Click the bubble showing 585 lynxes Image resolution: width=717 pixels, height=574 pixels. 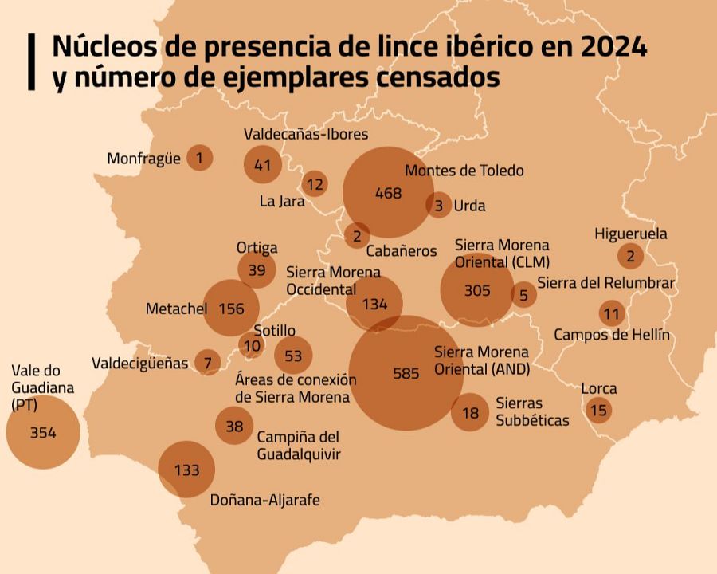pyautogui.click(x=406, y=372)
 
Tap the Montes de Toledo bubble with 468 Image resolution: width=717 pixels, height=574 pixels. pyautogui.click(x=388, y=193)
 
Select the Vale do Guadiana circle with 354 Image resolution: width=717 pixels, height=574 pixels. pyautogui.click(x=43, y=433)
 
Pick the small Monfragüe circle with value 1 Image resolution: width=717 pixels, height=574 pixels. pyautogui.click(x=199, y=158)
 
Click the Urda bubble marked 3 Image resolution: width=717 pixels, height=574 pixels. pyautogui.click(x=438, y=206)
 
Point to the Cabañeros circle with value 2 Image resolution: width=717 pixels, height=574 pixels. pyautogui.click(x=357, y=235)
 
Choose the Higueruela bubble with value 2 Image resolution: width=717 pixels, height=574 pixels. pyautogui.click(x=630, y=256)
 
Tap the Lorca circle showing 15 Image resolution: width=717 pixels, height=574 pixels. pyautogui.click(x=599, y=411)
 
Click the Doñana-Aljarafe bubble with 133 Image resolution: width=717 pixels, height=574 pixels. pyautogui.click(x=186, y=470)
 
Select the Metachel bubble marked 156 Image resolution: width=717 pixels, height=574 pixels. pyautogui.click(x=231, y=309)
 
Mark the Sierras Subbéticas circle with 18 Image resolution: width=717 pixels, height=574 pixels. pyautogui.click(x=470, y=412)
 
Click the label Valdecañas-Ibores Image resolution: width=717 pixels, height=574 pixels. pyautogui.click(x=306, y=134)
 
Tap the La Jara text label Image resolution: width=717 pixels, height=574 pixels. pyautogui.click(x=282, y=202)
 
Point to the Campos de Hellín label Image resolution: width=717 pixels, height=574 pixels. pyautogui.click(x=612, y=335)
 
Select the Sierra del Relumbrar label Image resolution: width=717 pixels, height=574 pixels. pyautogui.click(x=605, y=283)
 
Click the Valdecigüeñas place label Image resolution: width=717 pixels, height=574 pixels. pyautogui.click(x=140, y=364)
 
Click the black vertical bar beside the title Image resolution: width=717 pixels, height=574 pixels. pyautogui.click(x=31, y=61)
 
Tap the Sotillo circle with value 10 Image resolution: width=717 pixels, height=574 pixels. pyautogui.click(x=252, y=346)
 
